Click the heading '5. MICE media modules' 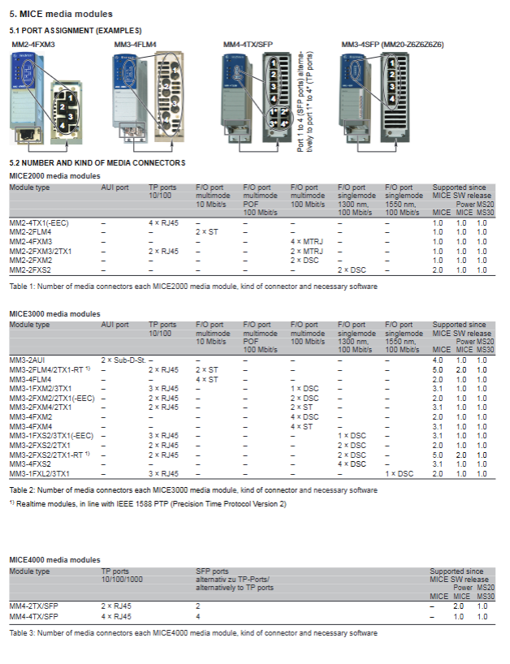point(61,14)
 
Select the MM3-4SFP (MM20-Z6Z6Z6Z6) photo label point(392,43)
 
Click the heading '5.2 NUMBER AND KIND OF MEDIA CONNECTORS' point(97,163)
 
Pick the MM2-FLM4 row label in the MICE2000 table point(30,232)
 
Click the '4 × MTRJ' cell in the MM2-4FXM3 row point(307,242)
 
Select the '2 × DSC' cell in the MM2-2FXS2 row point(353,269)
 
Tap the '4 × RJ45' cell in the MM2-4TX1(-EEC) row point(164,223)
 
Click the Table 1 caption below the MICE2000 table point(192,287)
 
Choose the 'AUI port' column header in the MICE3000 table point(115,325)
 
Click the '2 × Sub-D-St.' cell point(123,360)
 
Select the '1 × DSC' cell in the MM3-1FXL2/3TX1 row point(400,473)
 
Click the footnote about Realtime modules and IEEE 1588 point(148,504)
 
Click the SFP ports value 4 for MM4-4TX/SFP point(198,617)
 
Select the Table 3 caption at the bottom point(192,632)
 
